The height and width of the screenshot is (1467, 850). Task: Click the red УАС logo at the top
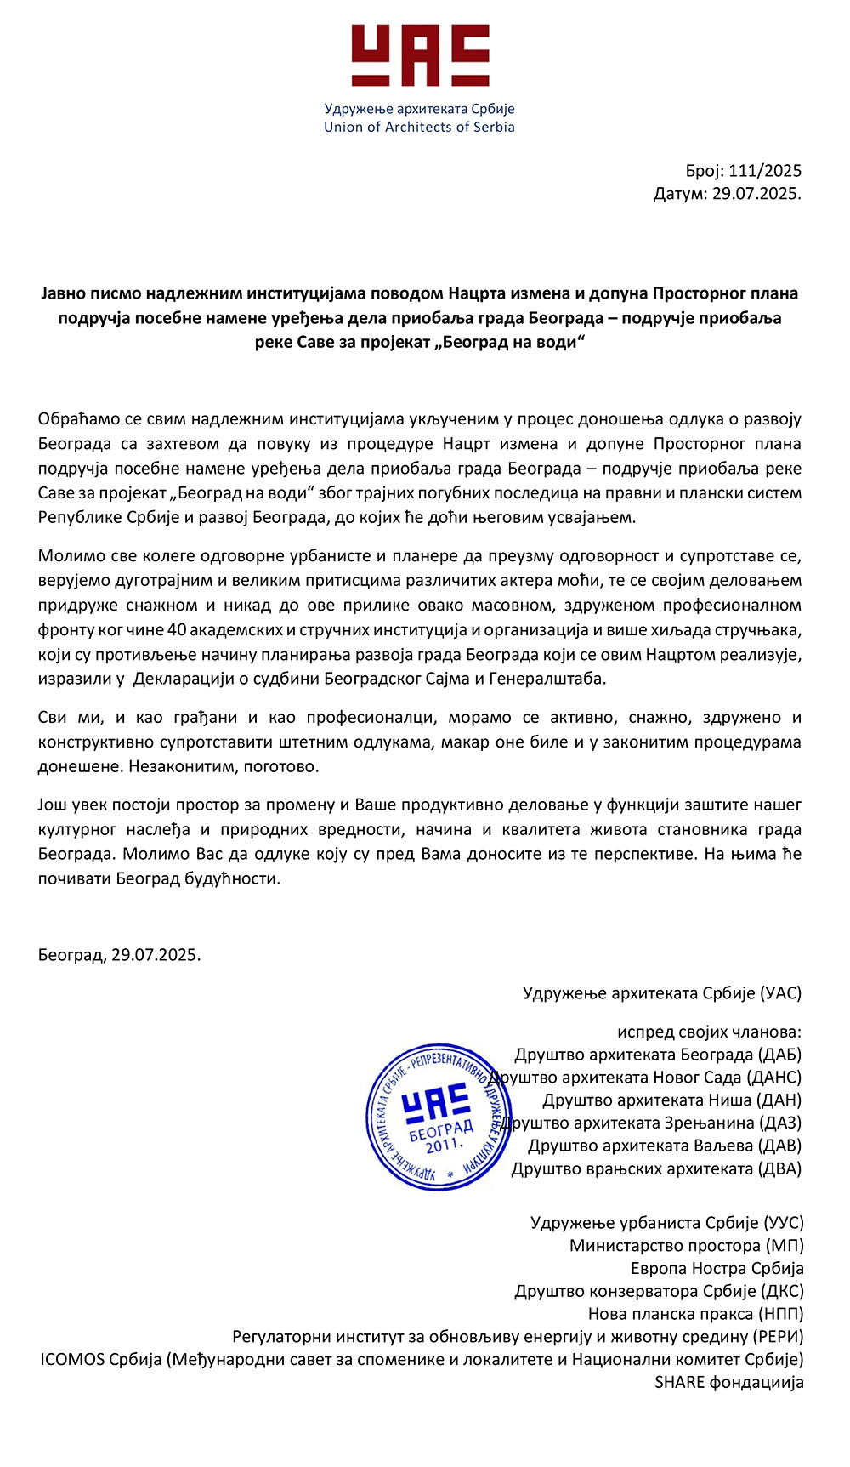420,55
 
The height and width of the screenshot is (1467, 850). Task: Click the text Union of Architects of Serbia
419,128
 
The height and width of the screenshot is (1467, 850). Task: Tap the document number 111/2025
765,171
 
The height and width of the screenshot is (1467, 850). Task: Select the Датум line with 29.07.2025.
727,194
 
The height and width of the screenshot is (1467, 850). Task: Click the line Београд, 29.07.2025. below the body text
119,955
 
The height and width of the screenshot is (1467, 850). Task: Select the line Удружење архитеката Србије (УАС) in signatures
661,993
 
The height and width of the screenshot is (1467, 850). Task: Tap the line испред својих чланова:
709,1032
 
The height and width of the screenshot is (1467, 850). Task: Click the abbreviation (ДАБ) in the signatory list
779,1055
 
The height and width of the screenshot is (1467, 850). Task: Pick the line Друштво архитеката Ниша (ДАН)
671,1100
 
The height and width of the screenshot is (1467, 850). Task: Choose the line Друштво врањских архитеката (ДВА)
656,1169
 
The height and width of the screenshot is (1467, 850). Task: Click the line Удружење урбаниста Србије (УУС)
666,1223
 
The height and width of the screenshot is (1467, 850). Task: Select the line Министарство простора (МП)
686,1246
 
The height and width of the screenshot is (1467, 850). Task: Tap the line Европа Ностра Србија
717,1269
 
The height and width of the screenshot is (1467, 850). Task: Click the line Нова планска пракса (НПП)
695,1314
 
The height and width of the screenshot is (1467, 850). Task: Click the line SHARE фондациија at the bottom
728,1383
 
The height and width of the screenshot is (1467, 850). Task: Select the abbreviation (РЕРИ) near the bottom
778,1337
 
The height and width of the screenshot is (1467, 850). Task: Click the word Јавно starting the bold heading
65,294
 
